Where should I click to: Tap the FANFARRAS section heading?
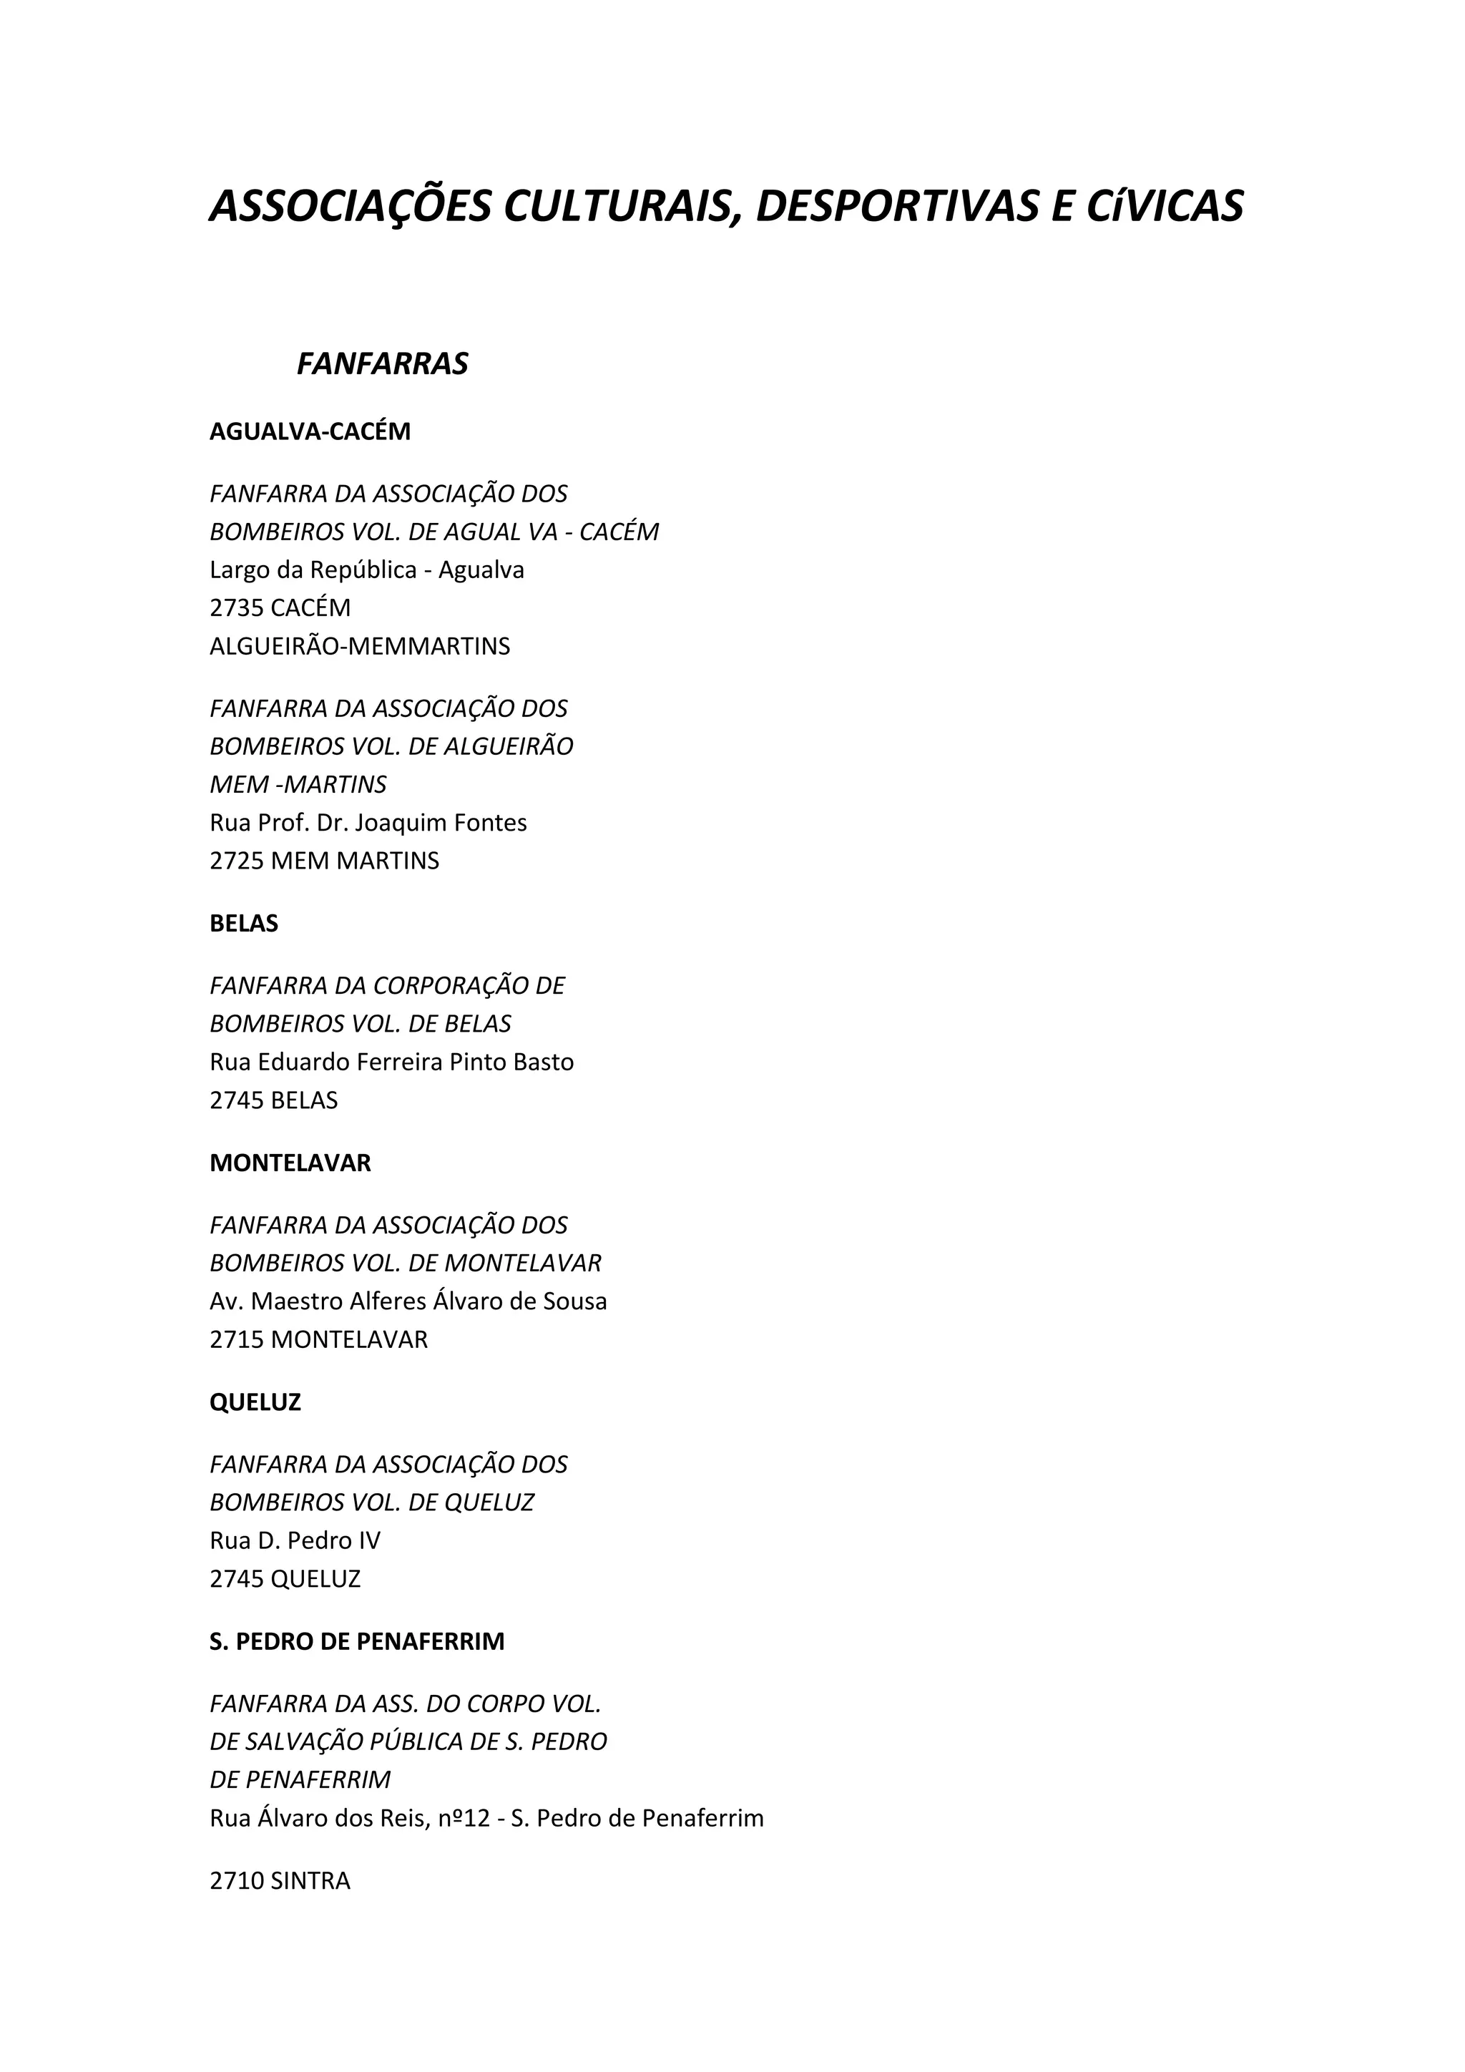click(383, 363)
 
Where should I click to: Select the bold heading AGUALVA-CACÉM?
click(310, 431)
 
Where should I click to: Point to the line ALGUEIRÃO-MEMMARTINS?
click(359, 646)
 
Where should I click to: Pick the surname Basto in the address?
click(543, 1062)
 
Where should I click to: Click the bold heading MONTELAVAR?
click(290, 1163)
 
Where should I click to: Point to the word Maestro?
click(294, 1301)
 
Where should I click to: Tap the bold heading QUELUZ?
click(255, 1402)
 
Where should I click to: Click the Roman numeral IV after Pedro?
click(370, 1540)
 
